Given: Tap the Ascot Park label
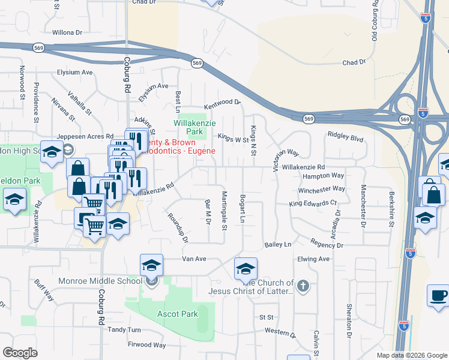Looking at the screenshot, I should point(178,314).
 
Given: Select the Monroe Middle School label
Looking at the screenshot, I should point(100,281).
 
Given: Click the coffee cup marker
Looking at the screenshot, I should point(438,295).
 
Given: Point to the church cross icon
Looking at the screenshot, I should point(303,286).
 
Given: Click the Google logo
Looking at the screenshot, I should point(20,353).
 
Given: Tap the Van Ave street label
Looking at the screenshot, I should point(194,259).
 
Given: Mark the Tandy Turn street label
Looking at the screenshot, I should point(124,330).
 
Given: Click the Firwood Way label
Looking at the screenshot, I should point(146,345).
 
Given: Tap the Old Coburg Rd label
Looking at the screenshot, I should point(375,21).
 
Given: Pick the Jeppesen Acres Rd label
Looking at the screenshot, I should point(85,136).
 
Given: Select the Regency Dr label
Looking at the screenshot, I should point(327,245).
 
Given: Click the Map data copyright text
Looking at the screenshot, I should point(411,355).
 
